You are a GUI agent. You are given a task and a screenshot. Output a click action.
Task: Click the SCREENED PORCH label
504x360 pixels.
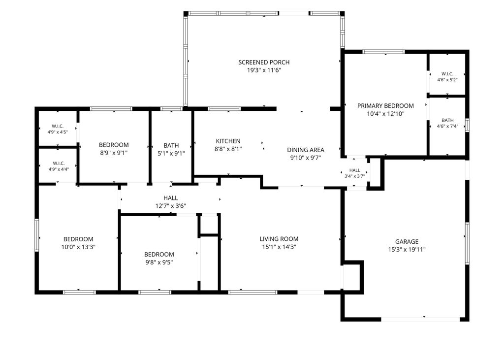pyautogui.click(x=264, y=63)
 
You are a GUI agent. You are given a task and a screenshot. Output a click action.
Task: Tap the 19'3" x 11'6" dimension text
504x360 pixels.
pyautogui.click(x=264, y=70)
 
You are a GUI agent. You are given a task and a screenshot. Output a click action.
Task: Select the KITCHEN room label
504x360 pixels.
pyautogui.click(x=228, y=141)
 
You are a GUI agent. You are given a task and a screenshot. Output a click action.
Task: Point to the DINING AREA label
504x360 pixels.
pyautogui.click(x=305, y=150)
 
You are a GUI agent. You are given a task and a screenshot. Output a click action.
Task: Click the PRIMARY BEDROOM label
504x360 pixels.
pyautogui.click(x=385, y=106)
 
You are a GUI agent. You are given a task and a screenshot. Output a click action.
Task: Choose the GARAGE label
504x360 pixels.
pyautogui.click(x=407, y=242)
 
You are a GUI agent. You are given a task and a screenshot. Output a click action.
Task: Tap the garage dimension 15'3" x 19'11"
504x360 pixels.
pyautogui.click(x=407, y=250)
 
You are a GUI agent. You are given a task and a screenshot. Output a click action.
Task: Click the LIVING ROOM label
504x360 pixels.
pyautogui.click(x=279, y=239)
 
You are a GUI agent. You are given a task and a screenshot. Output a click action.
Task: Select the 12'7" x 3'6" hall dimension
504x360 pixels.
pyautogui.click(x=171, y=206)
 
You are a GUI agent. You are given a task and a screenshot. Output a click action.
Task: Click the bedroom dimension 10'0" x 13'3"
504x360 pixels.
pyautogui.click(x=78, y=247)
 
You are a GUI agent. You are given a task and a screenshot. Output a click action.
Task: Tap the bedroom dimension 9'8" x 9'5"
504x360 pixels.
pyautogui.click(x=159, y=262)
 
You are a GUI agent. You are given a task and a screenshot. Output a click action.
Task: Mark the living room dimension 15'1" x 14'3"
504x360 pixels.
pyautogui.click(x=279, y=247)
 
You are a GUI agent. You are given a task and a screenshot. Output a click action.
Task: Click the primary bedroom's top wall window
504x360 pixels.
pyautogui.click(x=383, y=52)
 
